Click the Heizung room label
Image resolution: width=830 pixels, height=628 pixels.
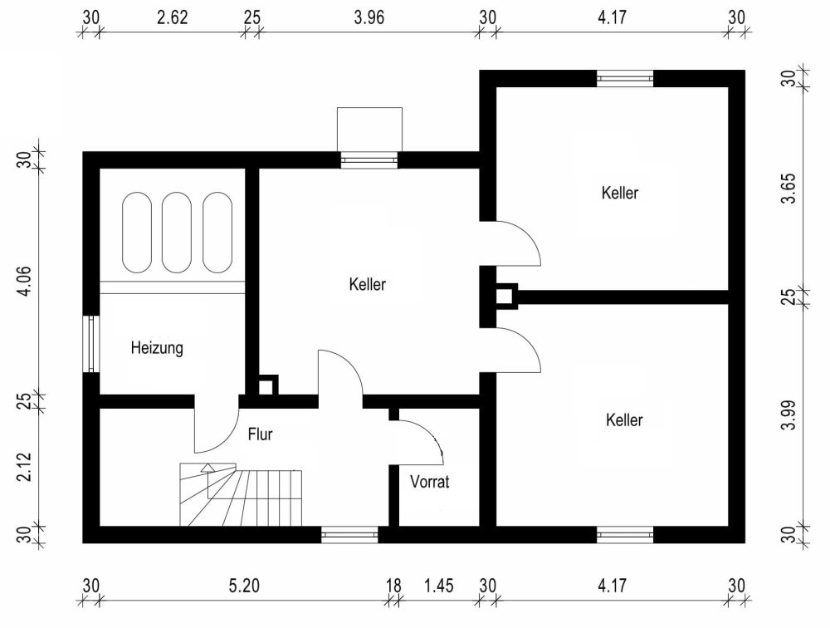(x=157, y=348)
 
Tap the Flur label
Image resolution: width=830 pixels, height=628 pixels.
(x=260, y=434)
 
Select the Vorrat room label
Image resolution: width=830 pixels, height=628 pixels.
(x=429, y=482)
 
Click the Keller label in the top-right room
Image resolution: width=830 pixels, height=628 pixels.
(x=620, y=193)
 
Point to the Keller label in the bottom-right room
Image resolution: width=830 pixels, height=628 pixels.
(x=624, y=419)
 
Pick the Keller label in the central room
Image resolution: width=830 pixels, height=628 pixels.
(x=368, y=284)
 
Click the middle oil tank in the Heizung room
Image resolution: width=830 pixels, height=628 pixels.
(x=176, y=232)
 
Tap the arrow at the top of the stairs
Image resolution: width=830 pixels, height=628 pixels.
(x=207, y=468)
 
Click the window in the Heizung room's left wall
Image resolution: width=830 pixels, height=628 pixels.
(x=91, y=344)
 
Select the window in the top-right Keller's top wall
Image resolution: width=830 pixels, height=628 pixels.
(x=625, y=78)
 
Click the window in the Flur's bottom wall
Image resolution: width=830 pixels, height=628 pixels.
(x=349, y=535)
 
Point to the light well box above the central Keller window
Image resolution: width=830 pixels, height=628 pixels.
(x=369, y=130)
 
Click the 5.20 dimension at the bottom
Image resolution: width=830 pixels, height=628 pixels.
(x=244, y=586)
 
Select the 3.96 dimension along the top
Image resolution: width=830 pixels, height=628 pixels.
(x=369, y=17)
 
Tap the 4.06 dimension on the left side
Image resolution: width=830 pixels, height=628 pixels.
(x=25, y=281)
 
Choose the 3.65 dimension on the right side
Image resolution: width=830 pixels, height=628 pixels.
(x=788, y=188)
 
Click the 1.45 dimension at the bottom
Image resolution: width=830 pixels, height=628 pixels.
(x=439, y=586)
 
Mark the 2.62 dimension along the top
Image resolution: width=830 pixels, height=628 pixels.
(x=173, y=17)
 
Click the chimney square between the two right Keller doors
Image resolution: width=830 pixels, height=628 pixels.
(x=505, y=296)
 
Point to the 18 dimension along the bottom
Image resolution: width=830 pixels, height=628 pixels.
(x=393, y=586)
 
